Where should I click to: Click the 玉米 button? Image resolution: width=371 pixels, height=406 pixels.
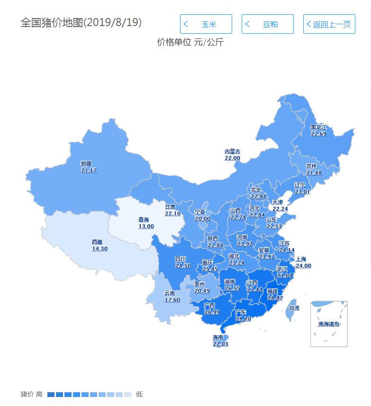click(206, 24)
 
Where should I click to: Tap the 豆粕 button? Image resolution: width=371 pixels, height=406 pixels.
click(268, 24)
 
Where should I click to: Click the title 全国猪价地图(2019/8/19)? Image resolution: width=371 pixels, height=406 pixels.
click(81, 23)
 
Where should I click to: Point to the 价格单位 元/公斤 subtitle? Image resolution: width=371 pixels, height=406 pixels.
click(190, 42)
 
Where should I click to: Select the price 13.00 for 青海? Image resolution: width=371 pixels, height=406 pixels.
click(146, 226)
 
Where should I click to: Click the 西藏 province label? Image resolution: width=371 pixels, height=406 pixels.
click(97, 242)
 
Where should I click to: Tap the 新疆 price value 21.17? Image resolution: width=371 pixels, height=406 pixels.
click(89, 170)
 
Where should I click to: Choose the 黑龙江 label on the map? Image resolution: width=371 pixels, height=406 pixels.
click(318, 127)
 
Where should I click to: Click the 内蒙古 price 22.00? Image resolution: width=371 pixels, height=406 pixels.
click(232, 158)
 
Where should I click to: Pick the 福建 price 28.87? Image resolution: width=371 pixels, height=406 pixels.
click(275, 297)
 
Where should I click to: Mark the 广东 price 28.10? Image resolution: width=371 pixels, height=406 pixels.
click(243, 319)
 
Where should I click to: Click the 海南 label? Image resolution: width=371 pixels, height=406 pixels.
click(218, 337)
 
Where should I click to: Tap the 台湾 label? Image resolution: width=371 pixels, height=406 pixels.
click(294, 308)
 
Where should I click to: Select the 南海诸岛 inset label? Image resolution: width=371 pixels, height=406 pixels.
click(328, 324)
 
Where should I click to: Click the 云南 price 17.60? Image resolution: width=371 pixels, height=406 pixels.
click(172, 300)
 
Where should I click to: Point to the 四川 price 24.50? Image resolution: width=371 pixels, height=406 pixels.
click(183, 266)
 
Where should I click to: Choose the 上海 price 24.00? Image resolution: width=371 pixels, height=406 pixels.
click(303, 266)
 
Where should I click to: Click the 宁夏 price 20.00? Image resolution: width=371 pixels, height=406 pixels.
click(202, 219)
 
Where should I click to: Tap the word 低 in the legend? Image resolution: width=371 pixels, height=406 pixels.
click(139, 394)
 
